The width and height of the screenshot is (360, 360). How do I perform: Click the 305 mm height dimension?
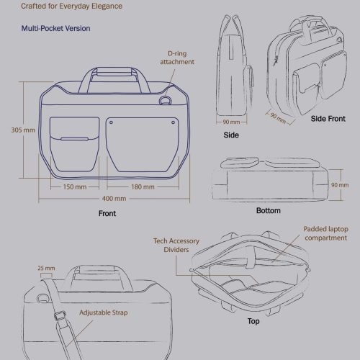23,130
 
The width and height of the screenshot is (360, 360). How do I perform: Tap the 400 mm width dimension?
114,199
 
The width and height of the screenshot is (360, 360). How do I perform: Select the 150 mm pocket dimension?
75,186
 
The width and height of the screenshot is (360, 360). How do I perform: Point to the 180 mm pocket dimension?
143,186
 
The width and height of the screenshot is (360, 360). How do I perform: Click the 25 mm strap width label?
46,268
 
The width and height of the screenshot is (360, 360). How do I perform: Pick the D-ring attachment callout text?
177,58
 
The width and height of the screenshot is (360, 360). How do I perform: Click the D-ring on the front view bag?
166,100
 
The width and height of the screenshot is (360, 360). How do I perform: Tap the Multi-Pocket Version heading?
55,28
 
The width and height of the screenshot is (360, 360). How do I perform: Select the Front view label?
107,213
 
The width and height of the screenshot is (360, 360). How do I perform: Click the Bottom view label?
269,210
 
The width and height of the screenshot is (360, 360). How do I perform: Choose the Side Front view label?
328,119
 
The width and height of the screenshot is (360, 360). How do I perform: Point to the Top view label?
253,321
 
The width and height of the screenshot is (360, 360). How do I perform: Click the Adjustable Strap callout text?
104,312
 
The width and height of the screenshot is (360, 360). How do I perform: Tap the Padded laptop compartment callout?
325,233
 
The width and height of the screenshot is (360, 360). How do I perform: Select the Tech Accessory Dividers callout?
176,245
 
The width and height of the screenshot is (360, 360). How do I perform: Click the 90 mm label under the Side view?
231,122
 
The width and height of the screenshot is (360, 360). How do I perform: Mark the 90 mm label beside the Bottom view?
340,185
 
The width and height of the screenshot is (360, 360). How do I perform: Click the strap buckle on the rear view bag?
60,315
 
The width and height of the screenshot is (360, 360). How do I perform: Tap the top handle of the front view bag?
114,72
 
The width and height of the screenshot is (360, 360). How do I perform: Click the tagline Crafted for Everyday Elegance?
71,6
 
